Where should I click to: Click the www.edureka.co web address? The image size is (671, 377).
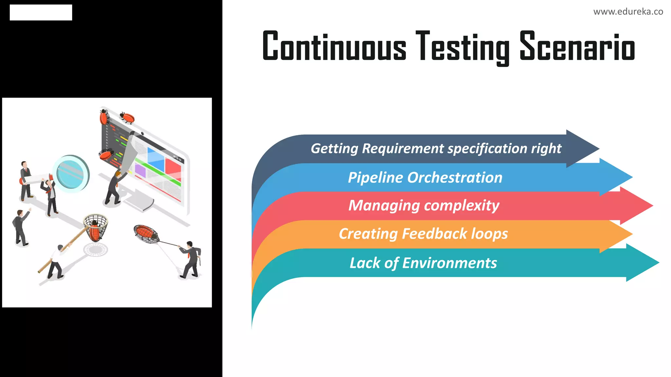pyautogui.click(x=628, y=12)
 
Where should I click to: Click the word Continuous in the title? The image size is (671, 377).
pyautogui.click(x=334, y=46)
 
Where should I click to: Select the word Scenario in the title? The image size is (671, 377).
pyautogui.click(x=577, y=46)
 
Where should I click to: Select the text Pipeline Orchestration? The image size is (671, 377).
pyautogui.click(x=425, y=178)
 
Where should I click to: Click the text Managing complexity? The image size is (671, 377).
pyautogui.click(x=424, y=206)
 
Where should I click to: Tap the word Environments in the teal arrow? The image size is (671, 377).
pyautogui.click(x=449, y=263)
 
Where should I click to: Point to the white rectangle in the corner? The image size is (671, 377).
pyautogui.click(x=41, y=12)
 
